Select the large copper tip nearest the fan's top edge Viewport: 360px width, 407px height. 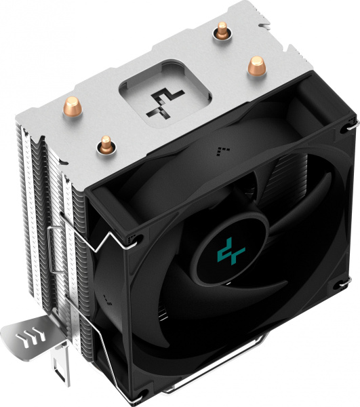pyautogui.click(x=256, y=66)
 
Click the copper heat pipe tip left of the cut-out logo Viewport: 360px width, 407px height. pyautogui.click(x=105, y=143)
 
